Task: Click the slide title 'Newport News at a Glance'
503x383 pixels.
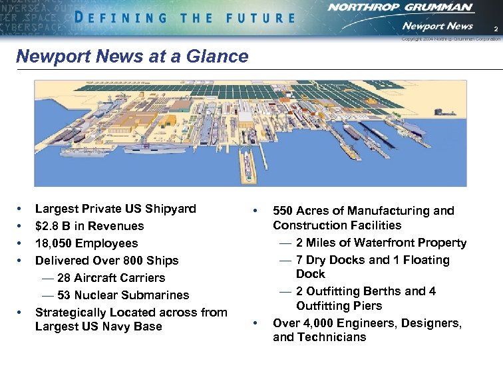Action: pyautogui.click(x=132, y=57)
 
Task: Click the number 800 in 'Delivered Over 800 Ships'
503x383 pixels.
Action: pyautogui.click(x=128, y=261)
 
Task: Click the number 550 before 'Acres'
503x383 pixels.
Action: pyautogui.click(x=285, y=211)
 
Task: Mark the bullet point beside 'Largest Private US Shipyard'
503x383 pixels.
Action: pyautogui.click(x=21, y=209)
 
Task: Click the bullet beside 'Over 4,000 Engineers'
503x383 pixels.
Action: pyautogui.click(x=256, y=324)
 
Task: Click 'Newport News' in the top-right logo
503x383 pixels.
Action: pyautogui.click(x=436, y=26)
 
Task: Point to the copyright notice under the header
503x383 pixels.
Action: pyautogui.click(x=450, y=39)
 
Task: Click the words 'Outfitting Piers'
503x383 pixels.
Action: pyautogui.click(x=339, y=306)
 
